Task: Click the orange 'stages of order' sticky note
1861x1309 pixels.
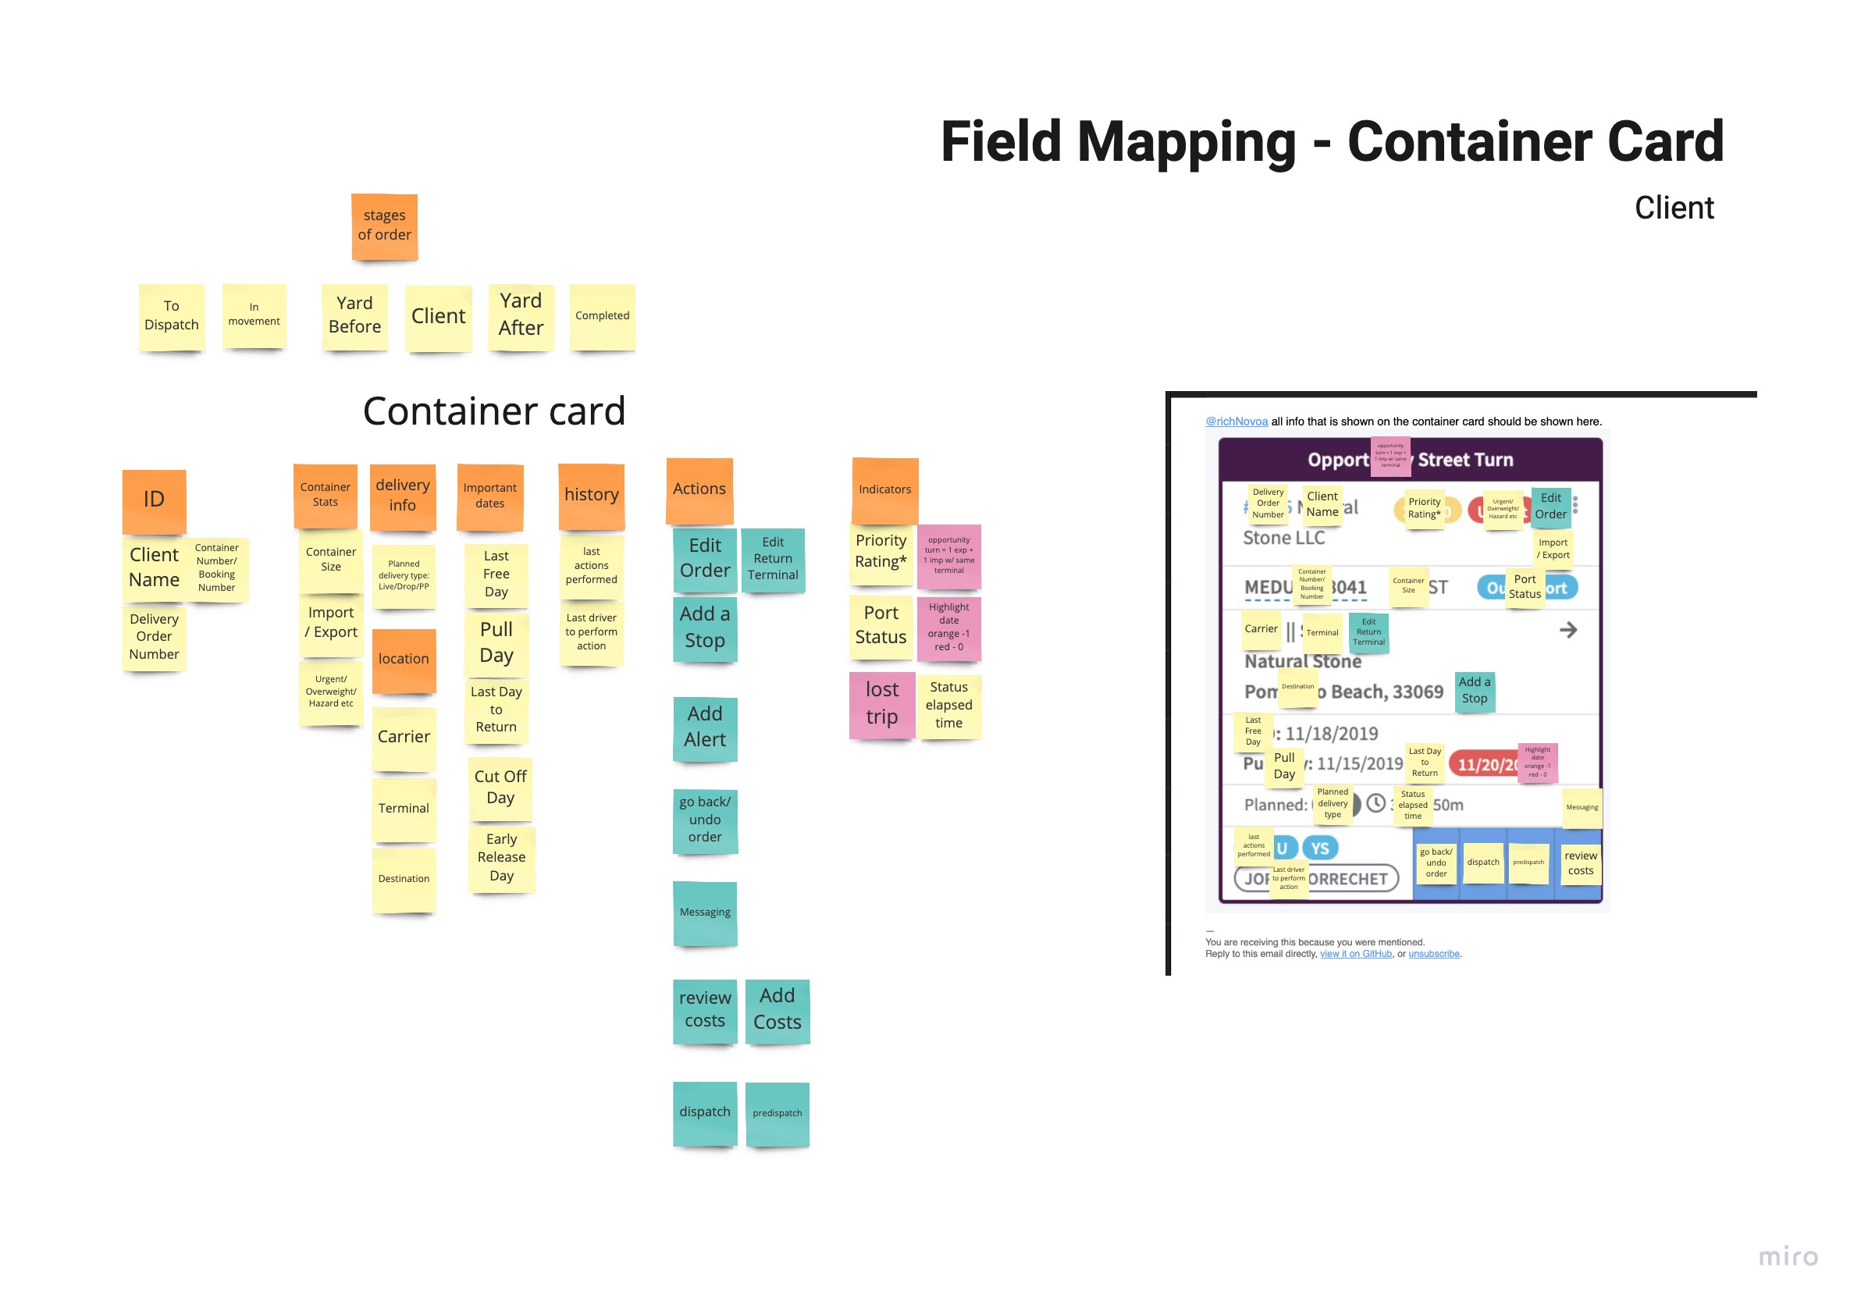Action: [384, 226]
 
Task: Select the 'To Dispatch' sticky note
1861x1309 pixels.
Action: [171, 316]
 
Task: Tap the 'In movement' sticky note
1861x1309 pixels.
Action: [254, 315]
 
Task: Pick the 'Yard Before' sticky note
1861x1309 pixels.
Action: [354, 315]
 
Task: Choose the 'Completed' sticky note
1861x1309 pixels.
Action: [602, 316]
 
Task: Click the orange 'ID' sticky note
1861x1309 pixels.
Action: [154, 500]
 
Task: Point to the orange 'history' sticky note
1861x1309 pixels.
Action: [591, 495]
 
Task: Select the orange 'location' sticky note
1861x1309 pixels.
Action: [404, 660]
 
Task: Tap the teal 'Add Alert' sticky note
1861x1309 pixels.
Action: [704, 727]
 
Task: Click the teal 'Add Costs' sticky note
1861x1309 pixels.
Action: [777, 1010]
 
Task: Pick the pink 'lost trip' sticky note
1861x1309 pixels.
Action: [882, 703]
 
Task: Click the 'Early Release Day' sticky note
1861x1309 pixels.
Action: [501, 858]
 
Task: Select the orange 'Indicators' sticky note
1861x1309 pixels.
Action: [884, 490]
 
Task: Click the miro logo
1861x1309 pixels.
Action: [1788, 1257]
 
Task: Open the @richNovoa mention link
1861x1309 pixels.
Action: [1236, 422]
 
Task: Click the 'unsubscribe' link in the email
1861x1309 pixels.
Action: [1433, 954]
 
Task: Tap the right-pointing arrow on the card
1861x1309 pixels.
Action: [1567, 630]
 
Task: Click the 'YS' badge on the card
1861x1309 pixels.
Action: [1319, 848]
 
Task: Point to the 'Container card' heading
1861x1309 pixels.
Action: [493, 412]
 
